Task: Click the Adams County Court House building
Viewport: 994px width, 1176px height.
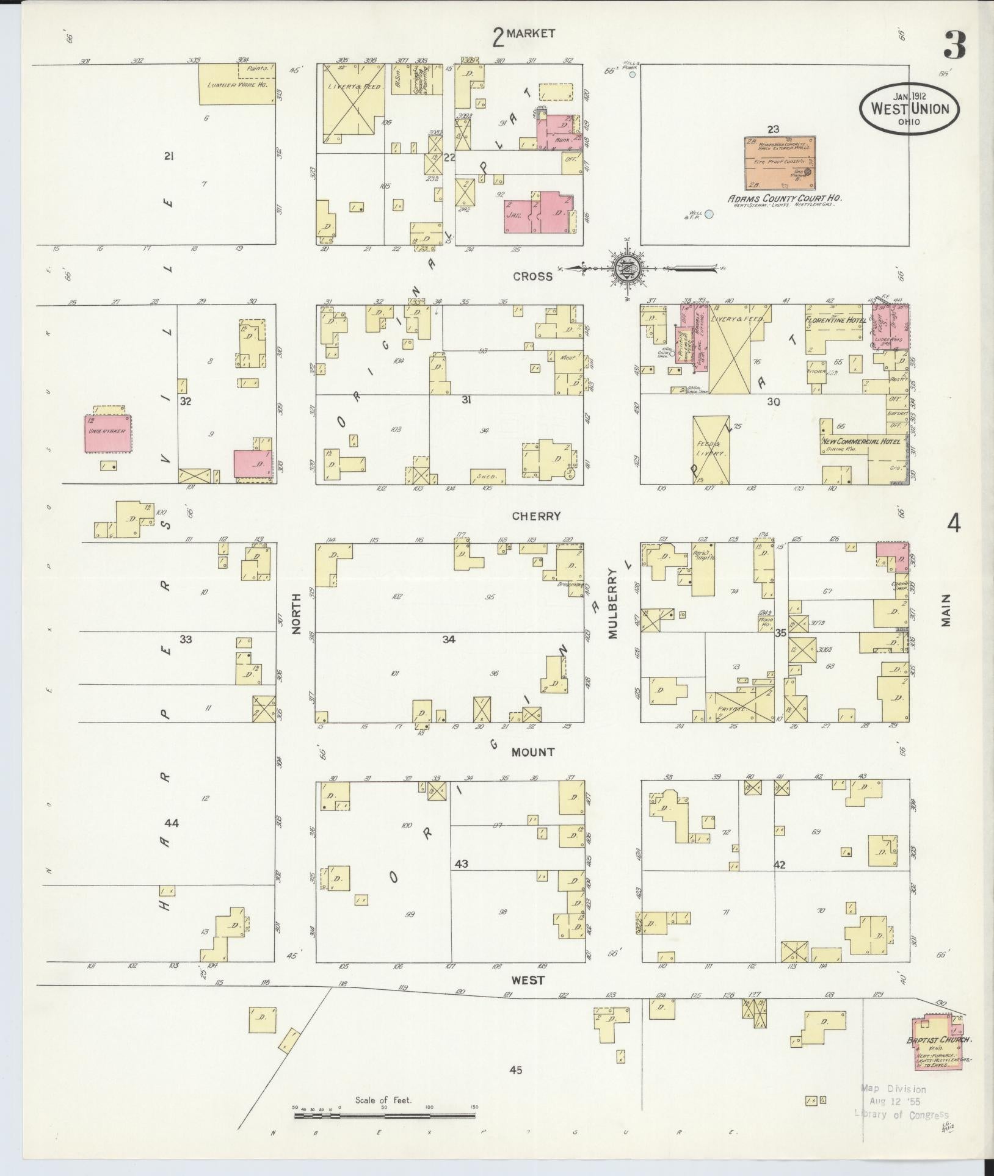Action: [780, 163]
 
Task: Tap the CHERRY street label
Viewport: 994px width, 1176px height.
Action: [536, 516]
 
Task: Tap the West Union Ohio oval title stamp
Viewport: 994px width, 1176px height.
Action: [909, 109]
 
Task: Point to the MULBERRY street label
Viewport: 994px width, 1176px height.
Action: [612, 601]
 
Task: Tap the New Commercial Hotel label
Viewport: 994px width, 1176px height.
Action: [861, 441]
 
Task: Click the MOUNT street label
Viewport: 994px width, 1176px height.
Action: [533, 752]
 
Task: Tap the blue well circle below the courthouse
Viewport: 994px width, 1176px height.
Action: [709, 214]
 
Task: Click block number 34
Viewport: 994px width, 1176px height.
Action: [449, 640]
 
